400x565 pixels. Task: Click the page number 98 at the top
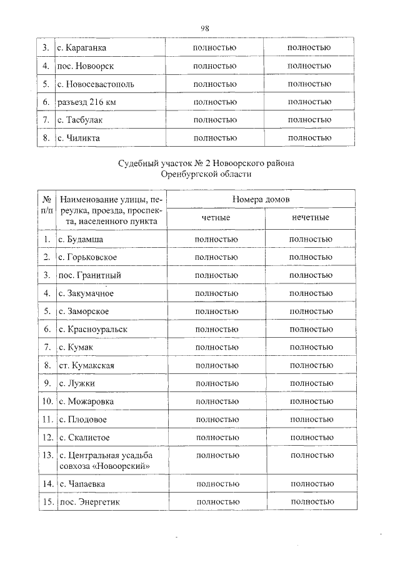click(204, 27)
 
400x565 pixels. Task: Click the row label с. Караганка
click(81, 47)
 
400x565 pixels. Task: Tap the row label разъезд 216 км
click(85, 102)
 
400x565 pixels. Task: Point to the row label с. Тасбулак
click(79, 120)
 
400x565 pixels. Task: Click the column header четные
click(216, 218)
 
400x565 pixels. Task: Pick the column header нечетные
click(310, 218)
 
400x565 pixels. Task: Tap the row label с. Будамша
click(81, 239)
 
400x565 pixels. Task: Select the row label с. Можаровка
click(86, 401)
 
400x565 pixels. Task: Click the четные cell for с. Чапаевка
click(217, 484)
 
